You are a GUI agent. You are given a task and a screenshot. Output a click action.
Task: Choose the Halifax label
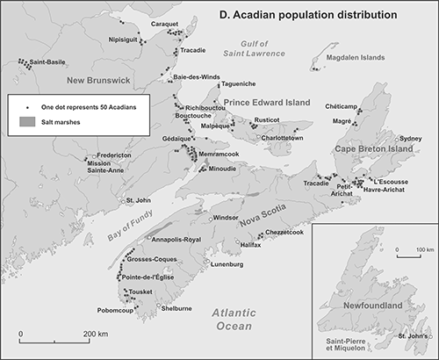(x=251, y=245)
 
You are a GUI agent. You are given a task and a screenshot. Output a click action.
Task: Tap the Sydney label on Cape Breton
(x=410, y=139)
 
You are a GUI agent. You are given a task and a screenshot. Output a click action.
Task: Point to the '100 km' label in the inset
(x=414, y=251)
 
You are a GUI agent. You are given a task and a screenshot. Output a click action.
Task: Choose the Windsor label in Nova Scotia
(x=226, y=217)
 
